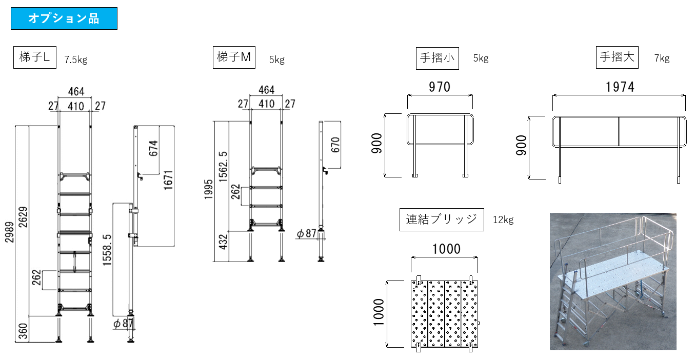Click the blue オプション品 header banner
tap(64, 18)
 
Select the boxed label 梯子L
tap(34, 57)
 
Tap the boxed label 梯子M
tap(234, 57)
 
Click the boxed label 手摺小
tap(438, 57)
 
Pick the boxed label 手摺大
tap(617, 57)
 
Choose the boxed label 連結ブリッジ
tap(442, 220)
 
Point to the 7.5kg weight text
tap(76, 59)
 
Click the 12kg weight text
tap(503, 220)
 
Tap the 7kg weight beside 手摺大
tap(662, 58)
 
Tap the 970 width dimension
tap(440, 87)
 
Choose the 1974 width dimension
tap(620, 87)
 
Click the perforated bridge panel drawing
tap(445, 313)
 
